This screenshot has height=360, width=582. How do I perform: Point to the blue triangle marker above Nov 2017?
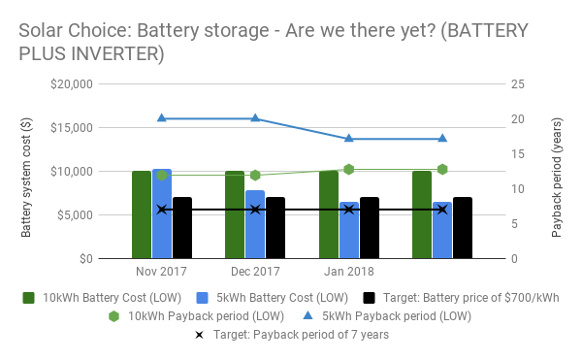tap(162, 118)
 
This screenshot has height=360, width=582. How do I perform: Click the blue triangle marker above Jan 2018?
tap(349, 139)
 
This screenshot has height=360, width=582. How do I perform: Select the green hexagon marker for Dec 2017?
tap(255, 176)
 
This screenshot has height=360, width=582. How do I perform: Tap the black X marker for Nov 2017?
tap(162, 210)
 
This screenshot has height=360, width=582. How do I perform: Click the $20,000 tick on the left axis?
tap(71, 84)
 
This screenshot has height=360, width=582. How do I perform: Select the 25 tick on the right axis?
tap(517, 84)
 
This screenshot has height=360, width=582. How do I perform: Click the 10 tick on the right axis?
tap(517, 189)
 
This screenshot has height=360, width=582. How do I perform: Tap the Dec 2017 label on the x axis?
tap(255, 272)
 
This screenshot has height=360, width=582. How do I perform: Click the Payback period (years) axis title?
tap(557, 172)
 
